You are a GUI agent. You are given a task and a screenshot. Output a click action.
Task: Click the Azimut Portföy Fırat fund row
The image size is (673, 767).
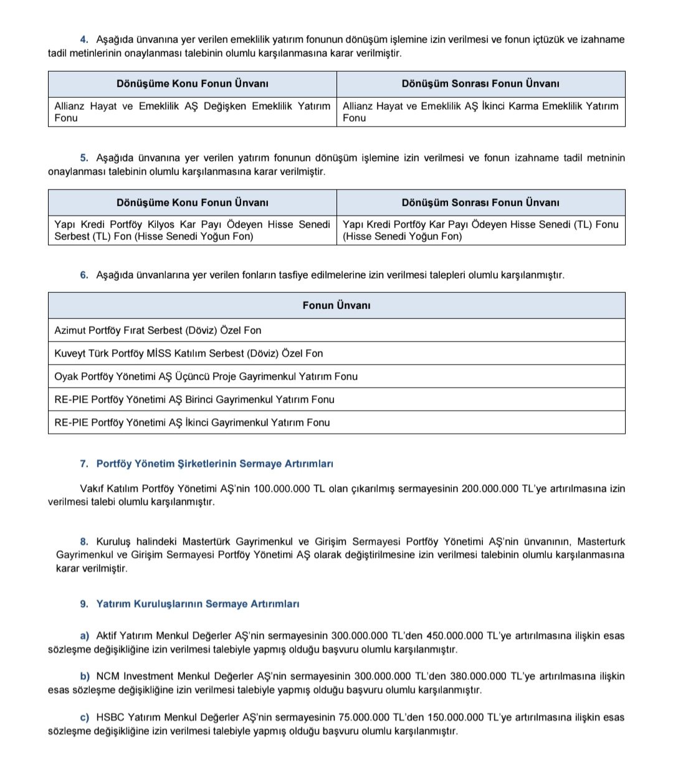(158, 330)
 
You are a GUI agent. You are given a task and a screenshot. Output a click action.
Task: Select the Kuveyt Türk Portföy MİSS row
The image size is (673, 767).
(188, 353)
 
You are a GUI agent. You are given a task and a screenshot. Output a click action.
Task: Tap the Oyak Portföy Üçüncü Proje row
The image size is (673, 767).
(206, 376)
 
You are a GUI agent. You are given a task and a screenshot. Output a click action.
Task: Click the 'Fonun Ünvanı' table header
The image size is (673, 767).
(336, 305)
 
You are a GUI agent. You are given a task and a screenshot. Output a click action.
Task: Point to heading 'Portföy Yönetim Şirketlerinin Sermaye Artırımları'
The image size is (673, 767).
(214, 464)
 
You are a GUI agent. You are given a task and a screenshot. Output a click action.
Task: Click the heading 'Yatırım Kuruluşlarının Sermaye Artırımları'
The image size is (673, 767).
(198, 604)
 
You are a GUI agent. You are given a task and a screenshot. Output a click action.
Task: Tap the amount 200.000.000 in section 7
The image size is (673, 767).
(490, 489)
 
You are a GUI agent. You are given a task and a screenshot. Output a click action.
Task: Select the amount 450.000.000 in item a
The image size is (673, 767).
(454, 636)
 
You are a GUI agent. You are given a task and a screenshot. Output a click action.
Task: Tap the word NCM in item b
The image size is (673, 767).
(108, 677)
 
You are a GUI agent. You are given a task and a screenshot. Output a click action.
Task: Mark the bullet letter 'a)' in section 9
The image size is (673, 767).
(85, 636)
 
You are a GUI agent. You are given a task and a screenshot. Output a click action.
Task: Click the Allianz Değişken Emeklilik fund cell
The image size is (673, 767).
(192, 112)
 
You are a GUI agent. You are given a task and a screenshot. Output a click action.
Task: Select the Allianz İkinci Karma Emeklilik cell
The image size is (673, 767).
(480, 112)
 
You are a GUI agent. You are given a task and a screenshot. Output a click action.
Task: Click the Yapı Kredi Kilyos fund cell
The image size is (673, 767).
(192, 231)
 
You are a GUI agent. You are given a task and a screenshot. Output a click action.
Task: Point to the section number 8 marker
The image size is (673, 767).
(84, 541)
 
